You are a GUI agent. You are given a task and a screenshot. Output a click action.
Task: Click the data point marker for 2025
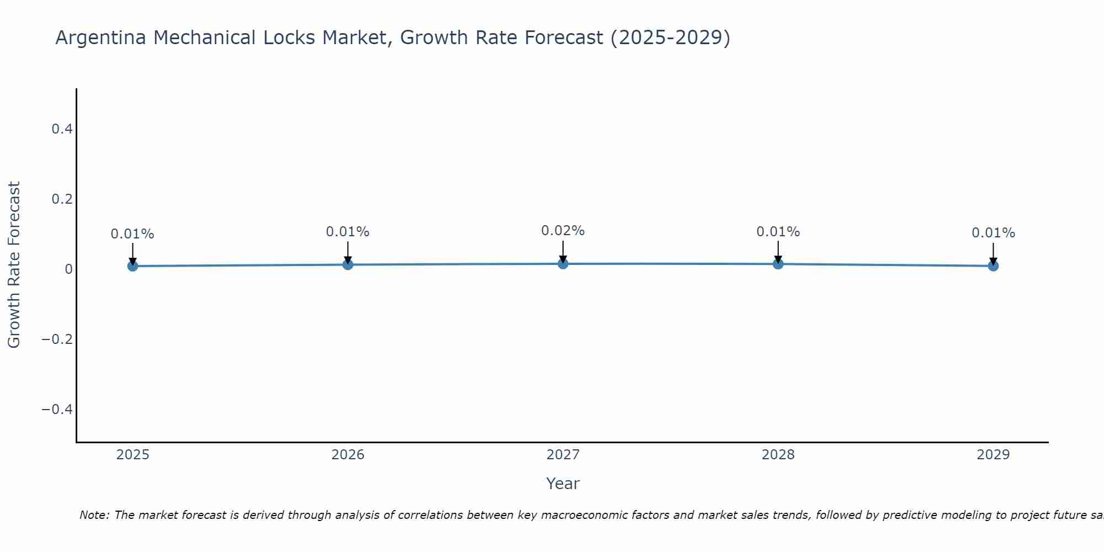pos(132,266)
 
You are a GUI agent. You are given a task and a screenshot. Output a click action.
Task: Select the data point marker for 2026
pos(348,264)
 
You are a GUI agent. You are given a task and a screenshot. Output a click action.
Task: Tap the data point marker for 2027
pos(563,264)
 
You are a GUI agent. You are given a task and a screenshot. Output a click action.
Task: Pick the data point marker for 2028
pos(778,264)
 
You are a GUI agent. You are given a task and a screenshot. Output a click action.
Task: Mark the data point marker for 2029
pos(993,266)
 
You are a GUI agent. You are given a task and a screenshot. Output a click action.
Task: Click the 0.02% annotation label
pos(562,231)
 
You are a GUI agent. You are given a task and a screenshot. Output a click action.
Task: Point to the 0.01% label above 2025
pos(132,234)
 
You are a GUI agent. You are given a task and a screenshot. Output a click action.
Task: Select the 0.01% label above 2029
pos(993,233)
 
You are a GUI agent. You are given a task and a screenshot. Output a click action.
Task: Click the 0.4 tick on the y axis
pos(62,129)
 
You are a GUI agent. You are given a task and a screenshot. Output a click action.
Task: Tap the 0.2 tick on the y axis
pos(62,199)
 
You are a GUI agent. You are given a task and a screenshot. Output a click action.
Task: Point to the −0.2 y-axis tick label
pos(57,339)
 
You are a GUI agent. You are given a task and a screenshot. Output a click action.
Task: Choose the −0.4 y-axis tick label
pos(57,409)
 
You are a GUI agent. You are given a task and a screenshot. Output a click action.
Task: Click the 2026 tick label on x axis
pos(348,455)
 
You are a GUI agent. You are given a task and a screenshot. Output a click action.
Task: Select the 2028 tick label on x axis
pos(778,455)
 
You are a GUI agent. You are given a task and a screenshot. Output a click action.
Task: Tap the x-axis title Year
pos(562,484)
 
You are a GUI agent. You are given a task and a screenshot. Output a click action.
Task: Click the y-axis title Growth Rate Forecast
pos(14,265)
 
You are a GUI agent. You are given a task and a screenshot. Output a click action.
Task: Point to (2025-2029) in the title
pos(670,38)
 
